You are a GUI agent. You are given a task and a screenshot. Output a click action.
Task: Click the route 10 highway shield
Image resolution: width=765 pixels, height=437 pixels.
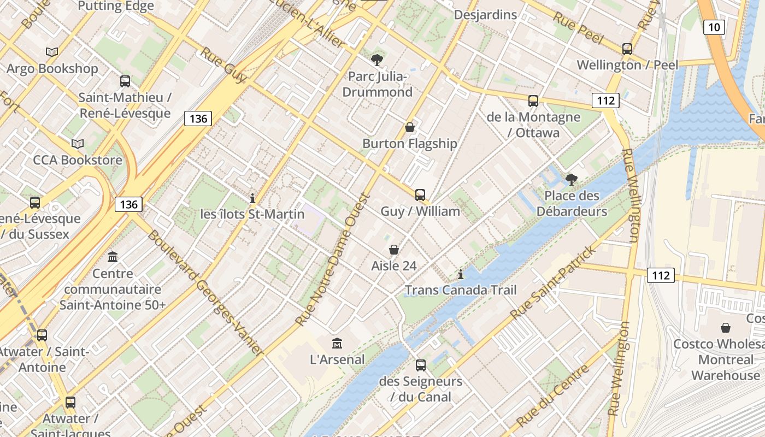click(714, 27)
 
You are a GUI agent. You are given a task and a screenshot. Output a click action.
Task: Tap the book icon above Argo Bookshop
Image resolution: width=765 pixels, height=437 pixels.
click(52, 52)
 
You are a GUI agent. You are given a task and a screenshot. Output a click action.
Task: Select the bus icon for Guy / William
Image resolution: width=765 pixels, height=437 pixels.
click(420, 194)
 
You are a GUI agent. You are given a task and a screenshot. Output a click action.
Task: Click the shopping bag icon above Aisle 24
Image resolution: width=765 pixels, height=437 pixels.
click(393, 250)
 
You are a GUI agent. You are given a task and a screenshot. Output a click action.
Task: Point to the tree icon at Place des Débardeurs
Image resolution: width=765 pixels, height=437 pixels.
click(572, 179)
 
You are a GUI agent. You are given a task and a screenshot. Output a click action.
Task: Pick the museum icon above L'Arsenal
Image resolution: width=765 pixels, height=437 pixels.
click(337, 343)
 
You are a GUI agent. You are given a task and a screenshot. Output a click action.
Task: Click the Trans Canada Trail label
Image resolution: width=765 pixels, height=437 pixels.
click(460, 290)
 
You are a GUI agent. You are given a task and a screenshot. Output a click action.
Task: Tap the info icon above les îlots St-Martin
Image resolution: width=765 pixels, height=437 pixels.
click(252, 198)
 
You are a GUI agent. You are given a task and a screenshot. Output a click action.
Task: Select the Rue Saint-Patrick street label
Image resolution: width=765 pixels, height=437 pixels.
click(552, 283)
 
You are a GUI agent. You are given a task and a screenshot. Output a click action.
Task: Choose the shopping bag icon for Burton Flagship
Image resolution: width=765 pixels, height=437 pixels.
click(409, 127)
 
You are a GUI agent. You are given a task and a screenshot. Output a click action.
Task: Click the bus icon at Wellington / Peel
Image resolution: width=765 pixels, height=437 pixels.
click(627, 49)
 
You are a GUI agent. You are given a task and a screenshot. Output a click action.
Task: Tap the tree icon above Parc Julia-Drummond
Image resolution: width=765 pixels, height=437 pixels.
click(376, 60)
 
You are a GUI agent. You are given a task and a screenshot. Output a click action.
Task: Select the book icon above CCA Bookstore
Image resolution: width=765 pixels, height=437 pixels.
click(78, 144)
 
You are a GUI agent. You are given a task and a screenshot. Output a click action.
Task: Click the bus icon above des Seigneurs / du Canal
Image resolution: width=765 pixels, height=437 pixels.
click(420, 365)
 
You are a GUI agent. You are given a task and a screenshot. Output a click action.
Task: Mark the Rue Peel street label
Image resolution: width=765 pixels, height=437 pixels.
click(578, 27)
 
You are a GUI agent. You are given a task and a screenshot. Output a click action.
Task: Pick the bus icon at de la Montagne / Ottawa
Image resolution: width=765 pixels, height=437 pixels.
click(533, 101)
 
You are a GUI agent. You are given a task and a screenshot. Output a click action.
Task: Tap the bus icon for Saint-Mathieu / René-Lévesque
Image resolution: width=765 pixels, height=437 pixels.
click(125, 81)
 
